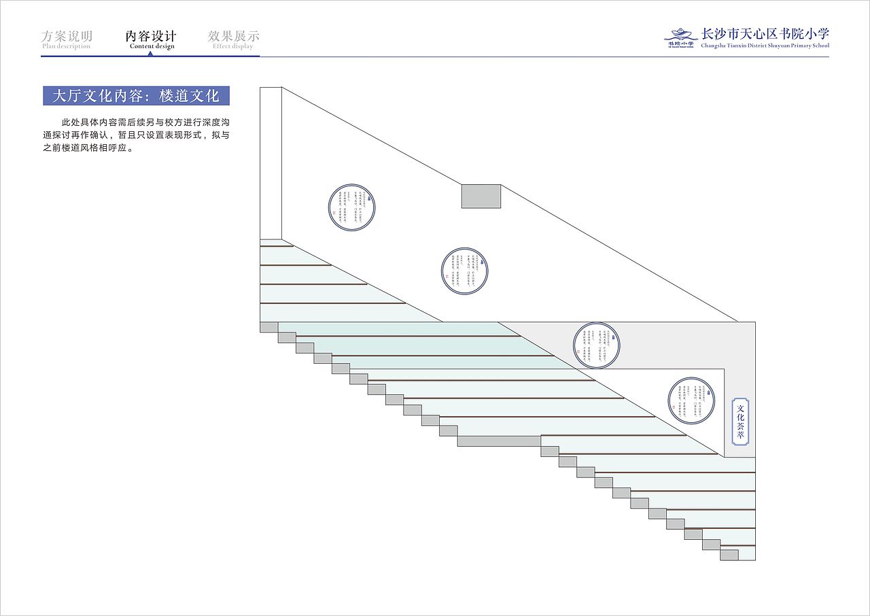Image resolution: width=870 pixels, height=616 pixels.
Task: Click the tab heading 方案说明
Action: coord(67,36)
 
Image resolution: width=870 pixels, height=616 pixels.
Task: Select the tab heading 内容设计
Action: coord(151,36)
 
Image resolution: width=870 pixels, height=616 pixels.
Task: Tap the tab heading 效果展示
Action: coord(233,36)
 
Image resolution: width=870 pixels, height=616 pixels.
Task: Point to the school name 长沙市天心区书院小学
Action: coord(765,34)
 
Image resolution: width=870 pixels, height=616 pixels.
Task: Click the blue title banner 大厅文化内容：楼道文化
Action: coord(136,96)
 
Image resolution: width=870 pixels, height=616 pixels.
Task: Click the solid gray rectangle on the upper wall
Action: coord(481,196)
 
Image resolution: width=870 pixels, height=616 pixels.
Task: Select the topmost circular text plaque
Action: coord(353,207)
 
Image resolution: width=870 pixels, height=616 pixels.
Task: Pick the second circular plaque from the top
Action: coord(465,271)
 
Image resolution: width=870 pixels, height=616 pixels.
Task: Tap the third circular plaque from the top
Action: coord(597,345)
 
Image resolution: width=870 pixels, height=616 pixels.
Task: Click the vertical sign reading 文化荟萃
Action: coord(741,422)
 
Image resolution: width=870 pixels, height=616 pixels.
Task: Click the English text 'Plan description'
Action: coord(66,46)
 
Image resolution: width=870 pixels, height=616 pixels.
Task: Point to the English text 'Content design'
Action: coord(152,46)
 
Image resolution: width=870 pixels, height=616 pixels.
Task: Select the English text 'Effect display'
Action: coord(232,46)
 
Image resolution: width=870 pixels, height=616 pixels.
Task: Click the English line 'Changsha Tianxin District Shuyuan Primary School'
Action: coord(765,46)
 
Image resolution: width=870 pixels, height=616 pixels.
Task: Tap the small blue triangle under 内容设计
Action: coord(151,53)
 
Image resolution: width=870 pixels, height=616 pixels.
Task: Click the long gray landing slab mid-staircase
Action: coord(499,441)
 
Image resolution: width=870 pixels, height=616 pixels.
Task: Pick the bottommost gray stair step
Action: coord(729,555)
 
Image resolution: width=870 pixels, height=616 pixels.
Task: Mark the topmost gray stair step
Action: coord(268,327)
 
